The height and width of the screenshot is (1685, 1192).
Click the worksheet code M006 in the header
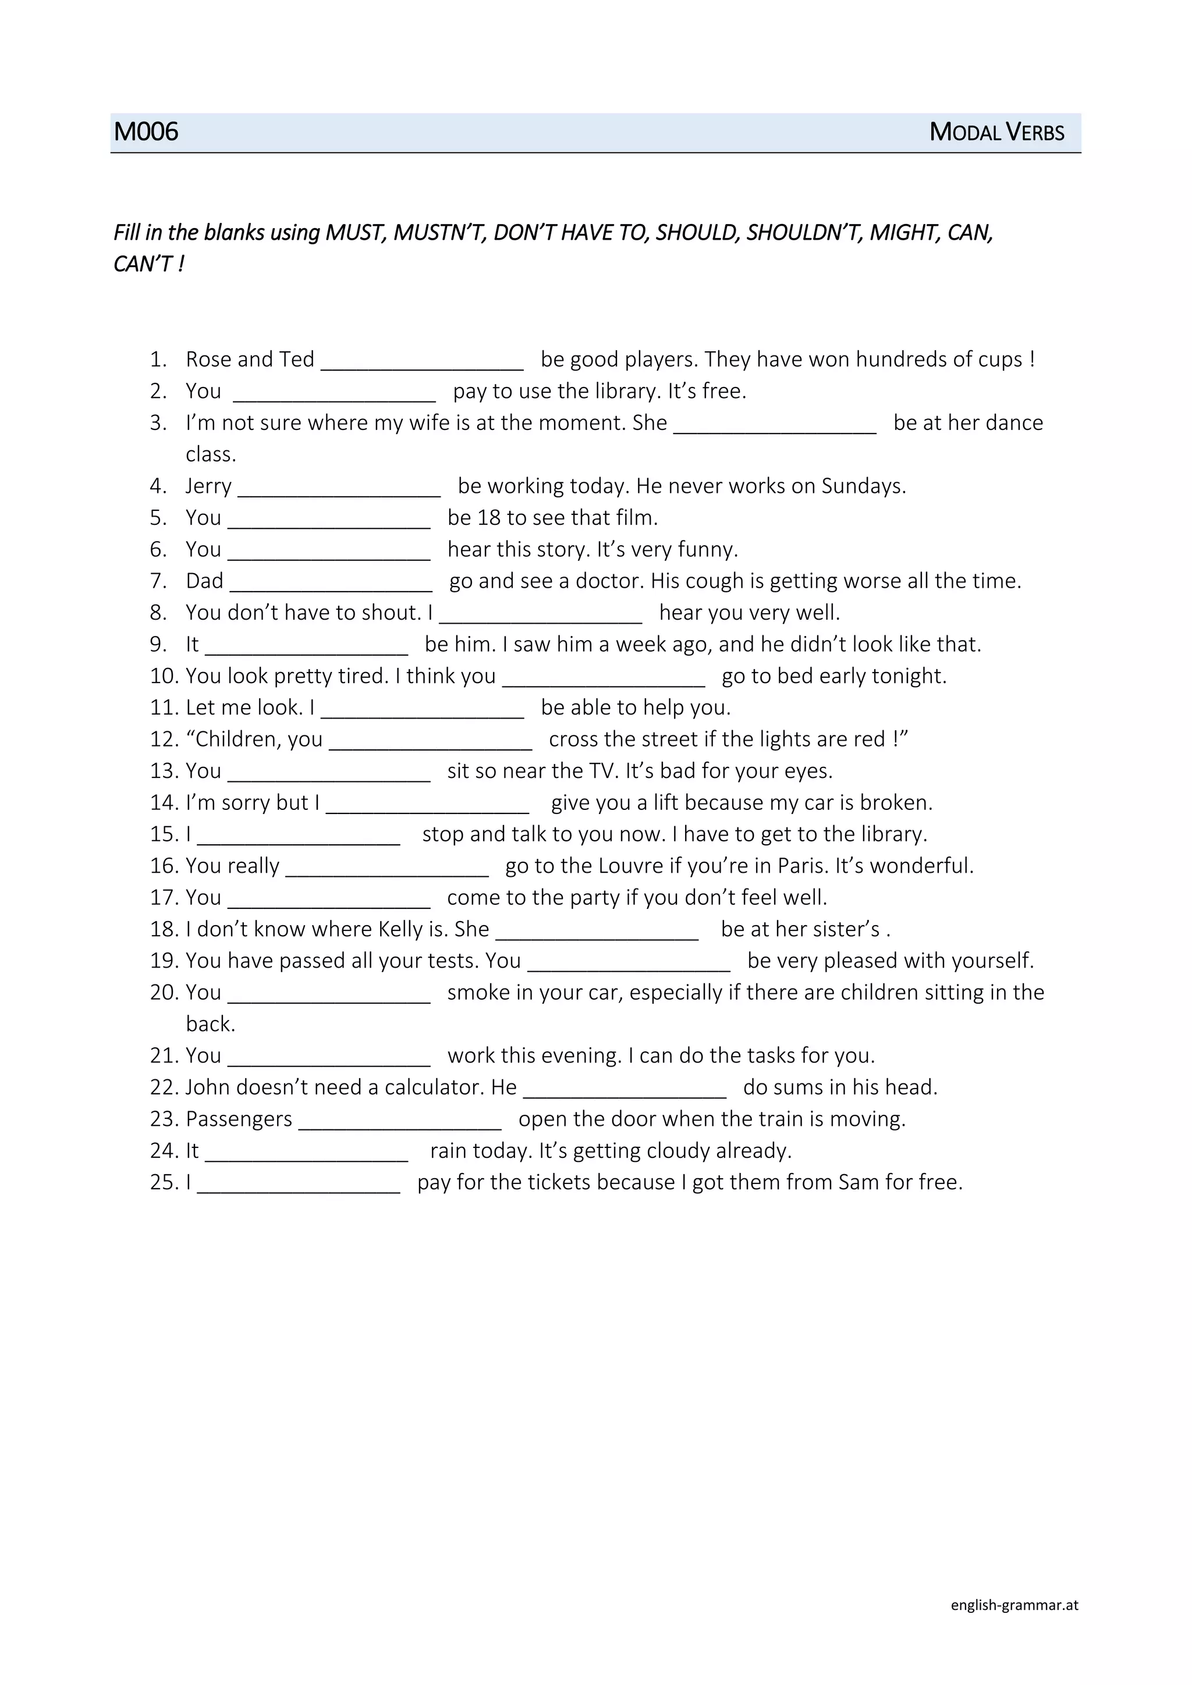146,132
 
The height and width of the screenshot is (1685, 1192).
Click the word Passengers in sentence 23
239,1119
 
